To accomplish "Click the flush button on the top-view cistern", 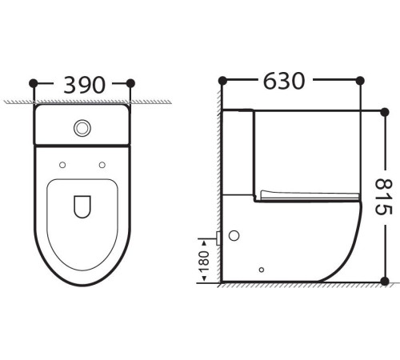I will [82, 126].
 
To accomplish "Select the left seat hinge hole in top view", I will [62, 165].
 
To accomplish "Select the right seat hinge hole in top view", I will [102, 165].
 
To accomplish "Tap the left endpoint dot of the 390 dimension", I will [34, 82].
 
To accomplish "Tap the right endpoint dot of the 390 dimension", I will [130, 82].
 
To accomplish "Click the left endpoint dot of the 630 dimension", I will [222, 81].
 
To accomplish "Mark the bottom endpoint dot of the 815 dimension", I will [385, 282].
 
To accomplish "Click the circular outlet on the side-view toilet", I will [234, 237].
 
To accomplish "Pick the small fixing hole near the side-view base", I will [262, 270].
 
